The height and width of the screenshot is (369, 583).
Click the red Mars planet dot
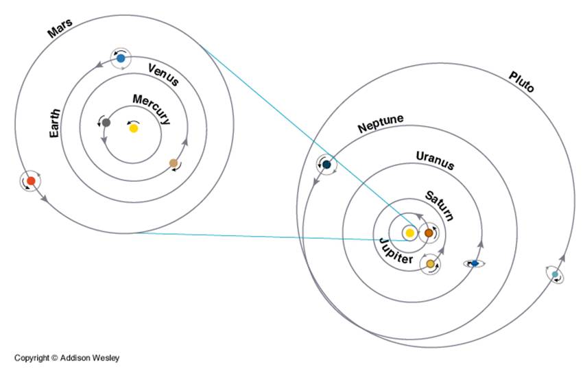[30, 181]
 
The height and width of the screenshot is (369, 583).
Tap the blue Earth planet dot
[121, 58]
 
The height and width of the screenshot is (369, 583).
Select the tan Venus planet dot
[174, 163]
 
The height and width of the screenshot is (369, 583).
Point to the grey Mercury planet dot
[106, 122]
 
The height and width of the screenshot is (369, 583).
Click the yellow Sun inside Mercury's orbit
[134, 128]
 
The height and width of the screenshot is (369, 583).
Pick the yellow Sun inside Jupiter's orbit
[409, 233]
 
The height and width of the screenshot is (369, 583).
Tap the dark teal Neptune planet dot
[327, 165]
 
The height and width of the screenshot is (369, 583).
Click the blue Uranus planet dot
[474, 263]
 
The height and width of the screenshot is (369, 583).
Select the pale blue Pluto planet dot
[555, 275]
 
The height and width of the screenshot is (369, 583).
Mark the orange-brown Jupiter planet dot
[429, 233]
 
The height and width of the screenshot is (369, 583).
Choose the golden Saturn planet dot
[431, 263]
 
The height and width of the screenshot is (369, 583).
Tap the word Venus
[163, 74]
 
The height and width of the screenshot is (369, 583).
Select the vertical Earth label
[56, 123]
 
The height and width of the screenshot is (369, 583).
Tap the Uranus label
[435, 160]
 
